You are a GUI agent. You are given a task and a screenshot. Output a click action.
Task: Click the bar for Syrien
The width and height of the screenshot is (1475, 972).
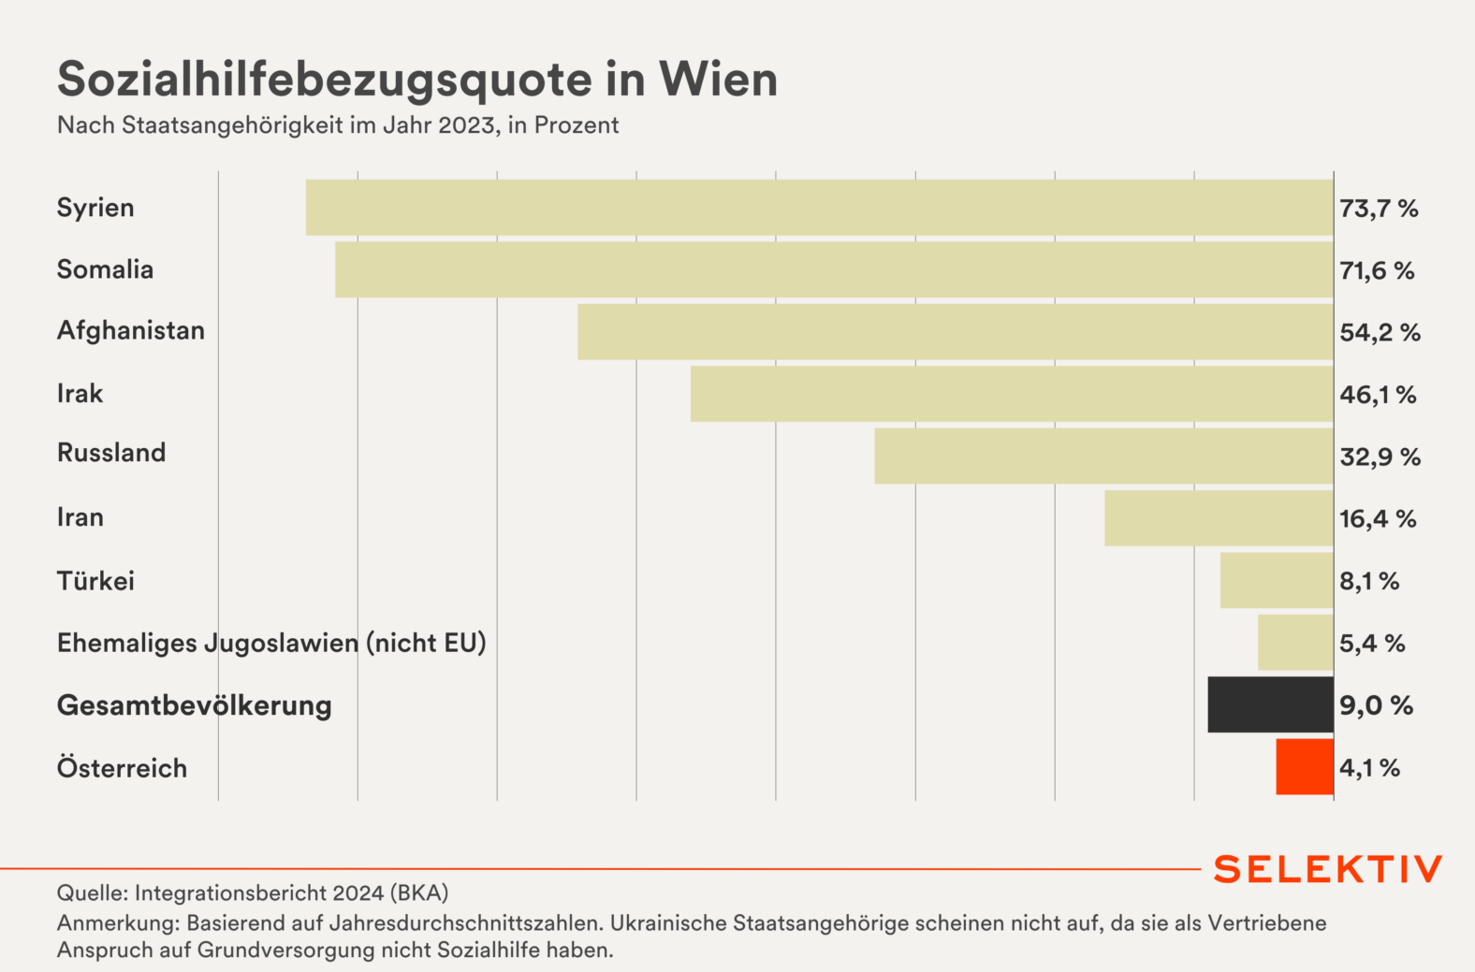click(819, 208)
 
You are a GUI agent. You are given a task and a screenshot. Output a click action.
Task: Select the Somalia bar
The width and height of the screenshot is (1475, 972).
click(834, 269)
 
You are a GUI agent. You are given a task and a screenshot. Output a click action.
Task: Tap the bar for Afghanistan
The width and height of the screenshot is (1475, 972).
click(955, 331)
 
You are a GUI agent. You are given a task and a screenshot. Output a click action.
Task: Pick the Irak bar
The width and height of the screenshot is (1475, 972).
click(1012, 394)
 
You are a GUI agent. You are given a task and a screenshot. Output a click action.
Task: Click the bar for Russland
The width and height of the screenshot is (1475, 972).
click(1103, 456)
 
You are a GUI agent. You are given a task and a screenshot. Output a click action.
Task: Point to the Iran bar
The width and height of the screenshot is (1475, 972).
click(1219, 518)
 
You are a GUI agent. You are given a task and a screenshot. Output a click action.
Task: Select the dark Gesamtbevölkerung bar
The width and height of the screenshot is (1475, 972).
click(1270, 704)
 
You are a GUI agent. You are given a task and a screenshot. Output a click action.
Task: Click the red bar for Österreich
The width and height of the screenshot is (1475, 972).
click(1304, 767)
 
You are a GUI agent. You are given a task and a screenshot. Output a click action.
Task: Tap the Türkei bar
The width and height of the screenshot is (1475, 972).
click(1277, 580)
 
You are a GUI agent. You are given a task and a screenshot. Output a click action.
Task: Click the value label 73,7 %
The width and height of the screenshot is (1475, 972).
click(1379, 209)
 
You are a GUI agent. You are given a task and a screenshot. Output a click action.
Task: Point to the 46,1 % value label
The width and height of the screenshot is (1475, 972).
click(1378, 395)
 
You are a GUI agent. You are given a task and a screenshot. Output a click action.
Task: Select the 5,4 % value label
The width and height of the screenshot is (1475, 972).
click(1372, 644)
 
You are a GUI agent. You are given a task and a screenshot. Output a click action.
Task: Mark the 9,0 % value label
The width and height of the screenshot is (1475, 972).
click(1376, 705)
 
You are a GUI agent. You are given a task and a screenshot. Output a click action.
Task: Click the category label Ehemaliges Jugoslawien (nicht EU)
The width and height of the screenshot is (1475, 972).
click(271, 644)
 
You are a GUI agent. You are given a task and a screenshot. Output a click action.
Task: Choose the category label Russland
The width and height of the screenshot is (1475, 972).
click(111, 453)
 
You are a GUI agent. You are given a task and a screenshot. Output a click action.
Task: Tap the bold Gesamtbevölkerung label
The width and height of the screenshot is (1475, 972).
click(195, 705)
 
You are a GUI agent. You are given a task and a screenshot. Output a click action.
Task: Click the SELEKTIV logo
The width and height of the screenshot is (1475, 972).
click(1328, 869)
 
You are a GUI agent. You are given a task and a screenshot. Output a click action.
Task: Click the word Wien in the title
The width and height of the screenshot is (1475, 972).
click(718, 80)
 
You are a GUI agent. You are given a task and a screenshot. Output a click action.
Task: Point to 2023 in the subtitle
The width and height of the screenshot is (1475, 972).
click(466, 125)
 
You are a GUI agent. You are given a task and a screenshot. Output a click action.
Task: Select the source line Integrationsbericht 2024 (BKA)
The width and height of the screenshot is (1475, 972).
click(253, 892)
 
